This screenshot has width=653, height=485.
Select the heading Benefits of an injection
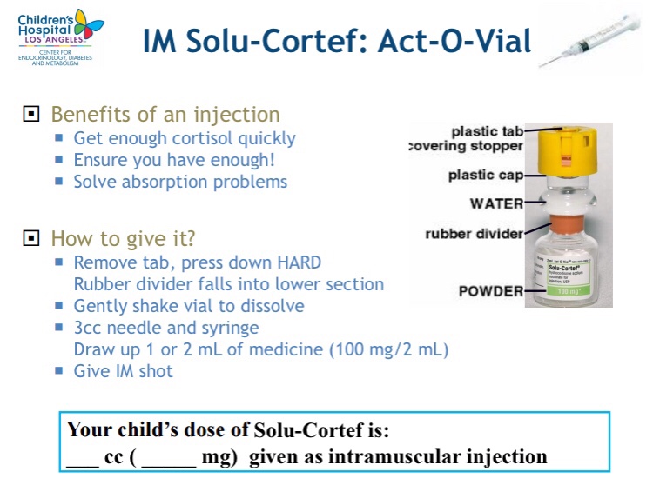point(165,115)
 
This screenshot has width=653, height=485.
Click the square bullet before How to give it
point(30,238)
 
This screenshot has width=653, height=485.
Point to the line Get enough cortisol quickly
point(185,138)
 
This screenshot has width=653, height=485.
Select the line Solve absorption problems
point(180,182)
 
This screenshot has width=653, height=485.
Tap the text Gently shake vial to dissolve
point(189,306)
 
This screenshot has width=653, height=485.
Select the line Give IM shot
point(123,371)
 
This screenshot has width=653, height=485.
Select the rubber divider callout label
point(474,234)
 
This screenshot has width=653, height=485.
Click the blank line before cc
point(83,458)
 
